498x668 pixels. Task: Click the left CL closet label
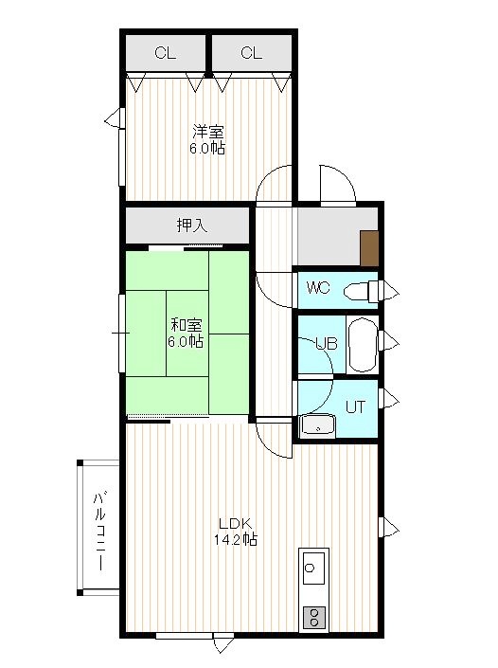coord(165,53)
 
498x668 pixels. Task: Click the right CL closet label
coord(251,53)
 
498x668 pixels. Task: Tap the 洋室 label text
coord(207,131)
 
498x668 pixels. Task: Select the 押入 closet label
coord(192,225)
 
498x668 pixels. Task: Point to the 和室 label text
coord(186,325)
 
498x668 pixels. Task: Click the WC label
coord(318,288)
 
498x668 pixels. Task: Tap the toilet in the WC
coord(361,292)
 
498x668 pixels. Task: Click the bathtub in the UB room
coord(363,345)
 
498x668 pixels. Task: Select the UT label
coord(355,407)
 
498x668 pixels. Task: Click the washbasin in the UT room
coord(317,425)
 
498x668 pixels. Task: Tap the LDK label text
coord(236,523)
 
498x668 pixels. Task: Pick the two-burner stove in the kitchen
coord(314,617)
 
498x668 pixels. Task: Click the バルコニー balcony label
coord(99,532)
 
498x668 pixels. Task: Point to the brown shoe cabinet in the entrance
coord(369,248)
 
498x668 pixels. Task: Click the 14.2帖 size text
coord(236,540)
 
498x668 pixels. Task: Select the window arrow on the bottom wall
coord(223,645)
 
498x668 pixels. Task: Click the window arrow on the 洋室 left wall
coord(112,118)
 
